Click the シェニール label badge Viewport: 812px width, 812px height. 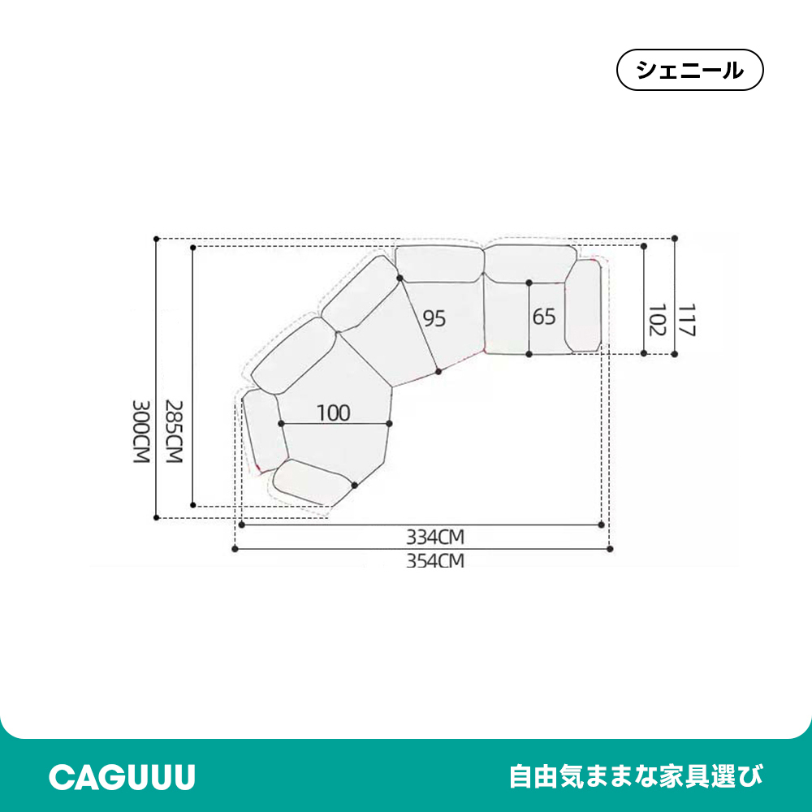click(x=689, y=70)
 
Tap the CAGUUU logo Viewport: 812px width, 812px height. click(x=123, y=777)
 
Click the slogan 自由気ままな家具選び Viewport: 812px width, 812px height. click(x=637, y=777)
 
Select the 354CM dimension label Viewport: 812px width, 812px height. click(x=435, y=561)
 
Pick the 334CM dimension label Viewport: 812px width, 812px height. click(x=435, y=537)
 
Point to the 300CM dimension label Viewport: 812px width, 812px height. click(x=141, y=431)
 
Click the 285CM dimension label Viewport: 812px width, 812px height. click(x=174, y=431)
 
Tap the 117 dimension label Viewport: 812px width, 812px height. click(x=686, y=320)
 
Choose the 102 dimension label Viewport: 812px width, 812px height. click(x=657, y=320)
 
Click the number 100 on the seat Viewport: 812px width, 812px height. click(x=334, y=412)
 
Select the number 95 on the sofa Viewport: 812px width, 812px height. click(x=434, y=318)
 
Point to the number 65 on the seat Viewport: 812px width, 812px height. click(x=544, y=317)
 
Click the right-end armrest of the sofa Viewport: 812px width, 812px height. click(x=583, y=305)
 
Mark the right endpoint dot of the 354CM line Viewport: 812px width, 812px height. click(x=610, y=549)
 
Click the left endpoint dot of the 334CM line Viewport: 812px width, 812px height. click(x=242, y=525)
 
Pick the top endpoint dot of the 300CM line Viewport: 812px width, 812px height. click(x=157, y=239)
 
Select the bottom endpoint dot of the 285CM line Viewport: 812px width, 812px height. click(x=193, y=505)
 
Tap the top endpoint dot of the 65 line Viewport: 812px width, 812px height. click(x=529, y=283)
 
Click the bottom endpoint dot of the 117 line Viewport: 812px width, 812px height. click(x=674, y=354)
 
